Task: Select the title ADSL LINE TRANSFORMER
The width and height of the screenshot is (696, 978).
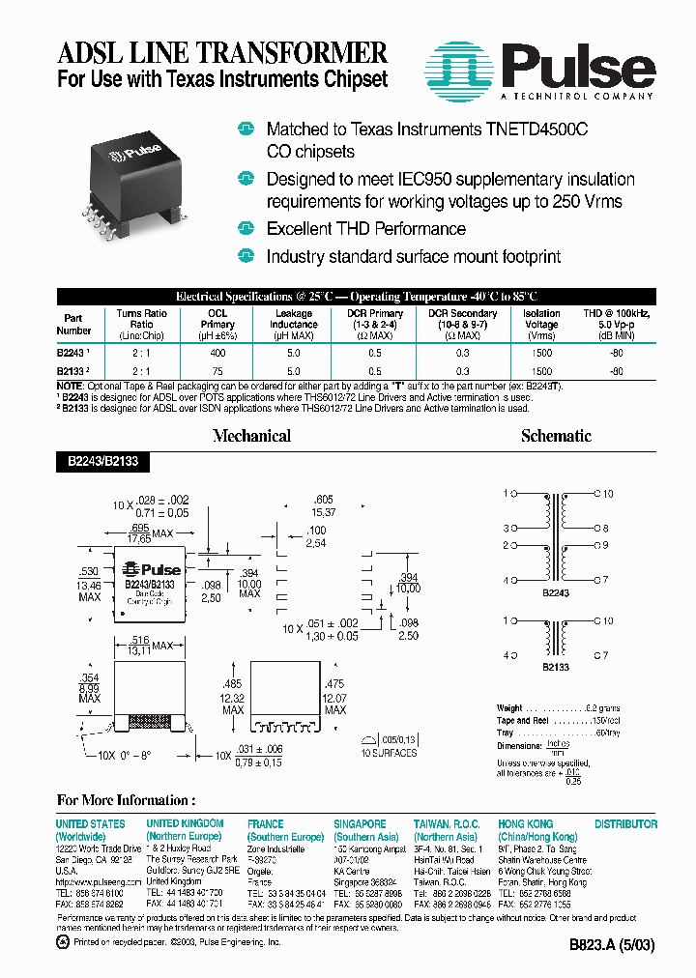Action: pyautogui.click(x=222, y=52)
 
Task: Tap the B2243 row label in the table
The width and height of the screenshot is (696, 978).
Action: pyautogui.click(x=72, y=354)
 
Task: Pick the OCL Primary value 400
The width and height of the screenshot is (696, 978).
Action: pyautogui.click(x=217, y=354)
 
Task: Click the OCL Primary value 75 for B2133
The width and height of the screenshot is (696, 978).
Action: pyautogui.click(x=217, y=371)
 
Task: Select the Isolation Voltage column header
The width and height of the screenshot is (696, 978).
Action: pyautogui.click(x=541, y=319)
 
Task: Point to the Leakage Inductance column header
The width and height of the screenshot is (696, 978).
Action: pyautogui.click(x=293, y=319)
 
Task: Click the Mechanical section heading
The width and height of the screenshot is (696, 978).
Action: pyautogui.click(x=251, y=436)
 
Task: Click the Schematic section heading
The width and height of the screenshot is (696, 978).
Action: pyautogui.click(x=556, y=436)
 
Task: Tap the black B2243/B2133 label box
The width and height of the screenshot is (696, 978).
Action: pyautogui.click(x=103, y=463)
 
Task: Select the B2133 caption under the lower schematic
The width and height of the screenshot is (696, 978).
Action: pyautogui.click(x=556, y=667)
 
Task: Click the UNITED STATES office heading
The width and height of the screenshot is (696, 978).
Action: pyautogui.click(x=90, y=824)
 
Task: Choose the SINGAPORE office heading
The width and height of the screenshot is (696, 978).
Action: pyautogui.click(x=360, y=824)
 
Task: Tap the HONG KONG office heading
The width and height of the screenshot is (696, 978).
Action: pyautogui.click(x=526, y=824)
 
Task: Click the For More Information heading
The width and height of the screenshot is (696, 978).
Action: pyautogui.click(x=126, y=800)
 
